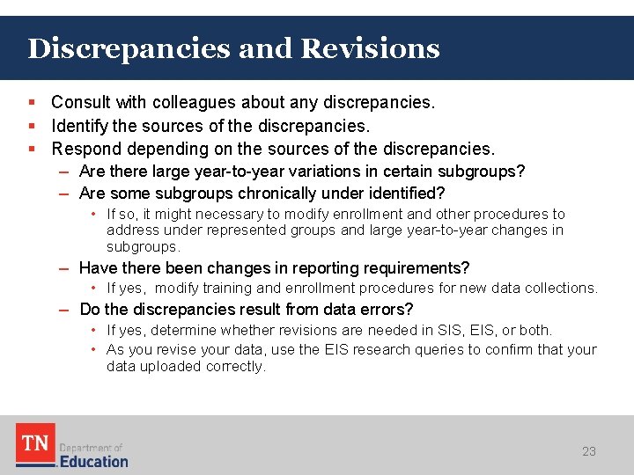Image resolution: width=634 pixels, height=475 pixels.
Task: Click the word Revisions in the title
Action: coord(371,47)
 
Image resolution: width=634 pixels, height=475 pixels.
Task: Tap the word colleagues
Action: coord(195,103)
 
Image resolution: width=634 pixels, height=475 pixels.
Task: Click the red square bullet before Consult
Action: coord(33,103)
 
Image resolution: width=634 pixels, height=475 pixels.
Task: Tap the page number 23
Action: coord(589,451)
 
